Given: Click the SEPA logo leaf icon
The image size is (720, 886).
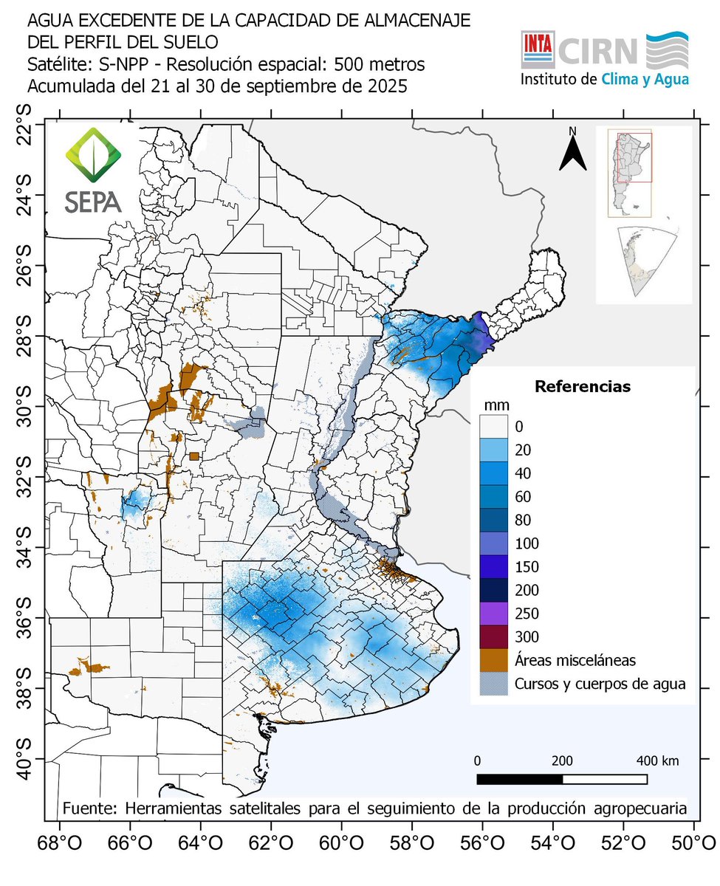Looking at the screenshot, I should click(x=92, y=155).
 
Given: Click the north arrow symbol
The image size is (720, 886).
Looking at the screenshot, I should click(x=572, y=151).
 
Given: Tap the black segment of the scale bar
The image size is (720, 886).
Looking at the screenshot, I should click(x=520, y=779).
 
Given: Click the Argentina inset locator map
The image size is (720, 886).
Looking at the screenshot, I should click(x=629, y=174).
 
